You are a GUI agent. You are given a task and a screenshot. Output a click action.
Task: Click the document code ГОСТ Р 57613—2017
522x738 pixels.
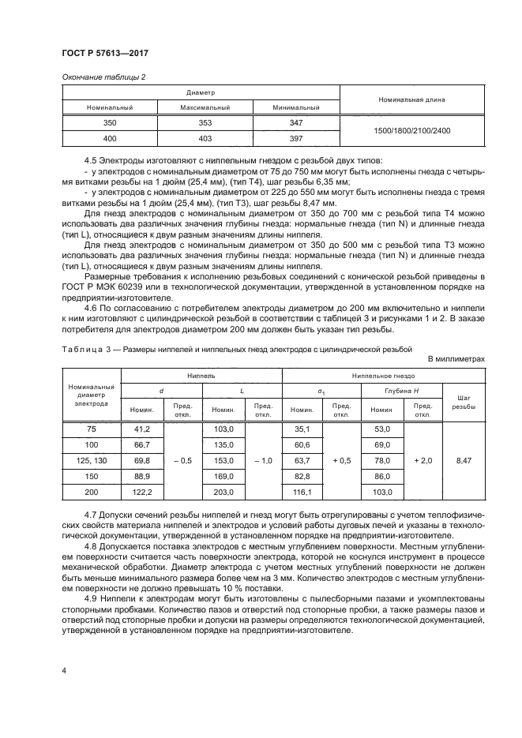point(105,53)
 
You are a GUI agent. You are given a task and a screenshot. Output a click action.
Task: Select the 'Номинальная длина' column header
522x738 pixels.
point(411,100)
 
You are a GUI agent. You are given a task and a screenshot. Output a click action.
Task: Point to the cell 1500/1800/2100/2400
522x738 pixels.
point(411,131)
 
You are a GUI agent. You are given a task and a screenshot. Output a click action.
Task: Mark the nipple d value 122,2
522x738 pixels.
point(142,492)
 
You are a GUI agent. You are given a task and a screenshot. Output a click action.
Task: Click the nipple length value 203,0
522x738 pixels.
point(225,492)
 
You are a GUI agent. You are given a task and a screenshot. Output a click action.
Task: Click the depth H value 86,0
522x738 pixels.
point(382,476)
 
